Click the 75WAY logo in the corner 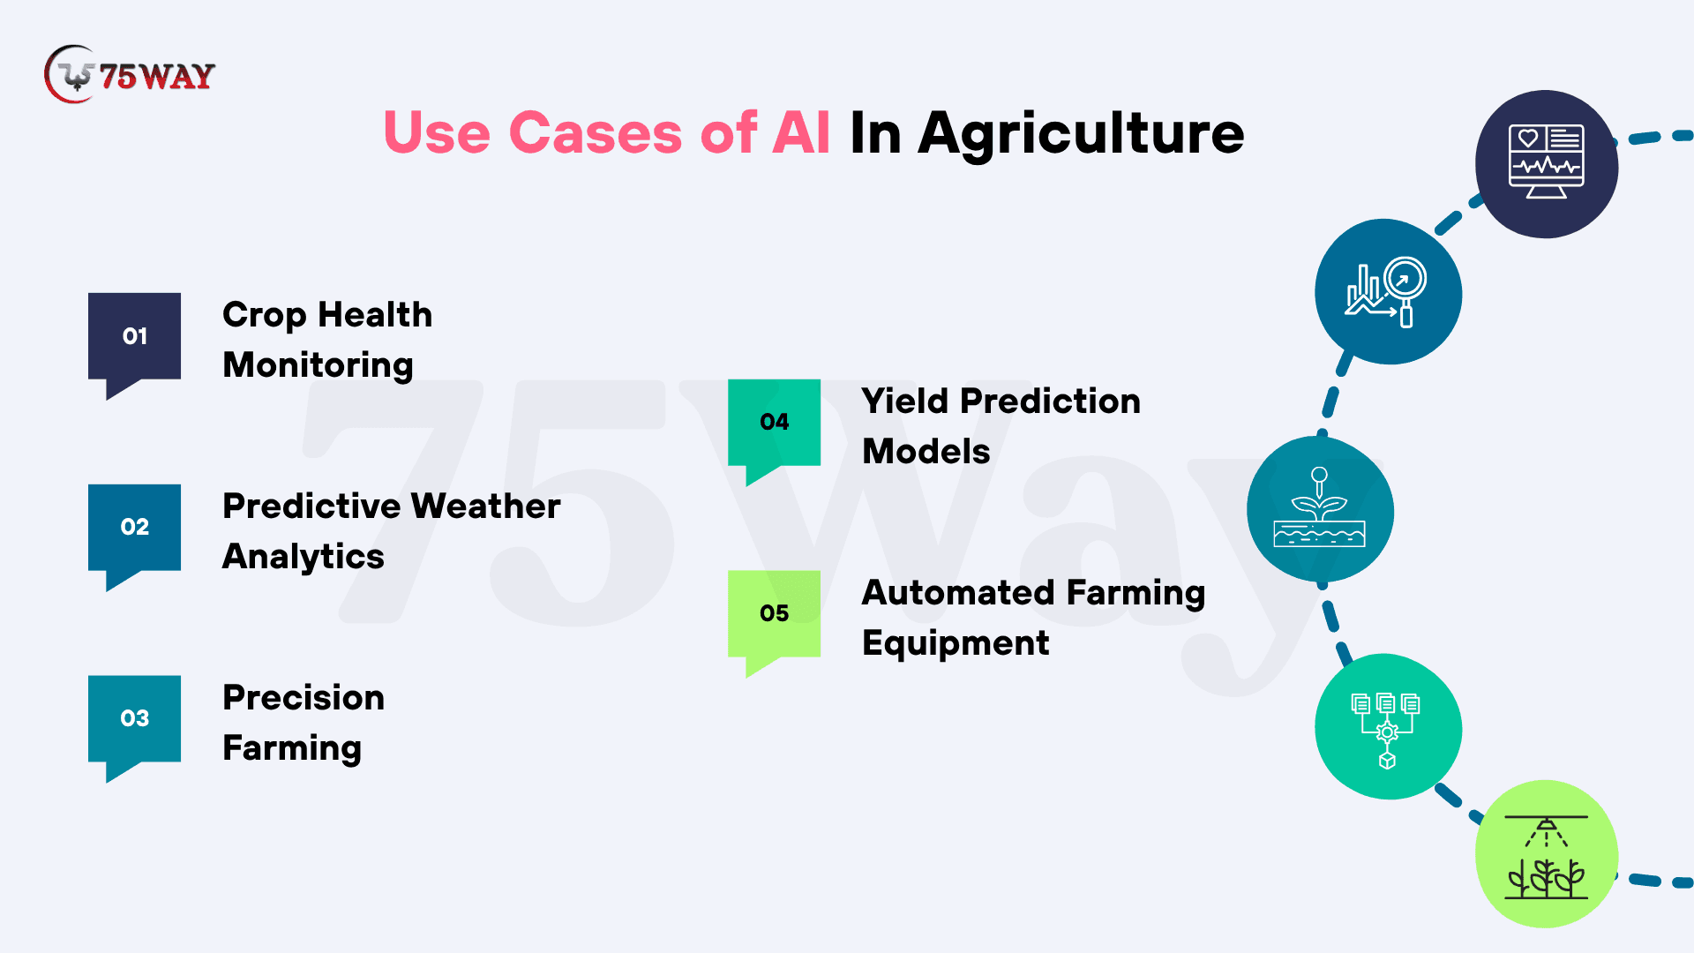[130, 75]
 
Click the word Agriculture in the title [1081, 134]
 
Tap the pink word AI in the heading [801, 133]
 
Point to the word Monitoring [318, 366]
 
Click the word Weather [485, 506]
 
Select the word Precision [304, 697]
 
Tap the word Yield [905, 401]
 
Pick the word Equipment [956, 644]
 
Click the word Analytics [304, 558]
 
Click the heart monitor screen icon [1547, 163]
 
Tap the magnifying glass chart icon [1387, 292]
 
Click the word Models [926, 451]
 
